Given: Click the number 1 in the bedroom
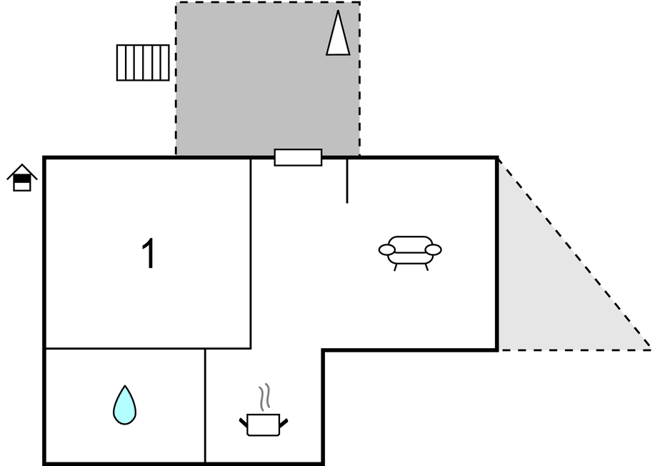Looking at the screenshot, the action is pos(149,253).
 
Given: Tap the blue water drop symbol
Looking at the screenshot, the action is pos(124,405).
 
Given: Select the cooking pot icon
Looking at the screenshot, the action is pos(263,425).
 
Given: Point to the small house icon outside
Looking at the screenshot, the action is pos(22,178).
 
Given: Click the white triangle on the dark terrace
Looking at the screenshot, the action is pos(338,33).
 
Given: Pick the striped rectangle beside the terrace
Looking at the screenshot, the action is pos(143,63).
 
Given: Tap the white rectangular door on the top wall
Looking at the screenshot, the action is pos(299,157).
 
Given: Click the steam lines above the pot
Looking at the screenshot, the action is pos(264,397).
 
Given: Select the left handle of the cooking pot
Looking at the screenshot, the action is pos(243,422).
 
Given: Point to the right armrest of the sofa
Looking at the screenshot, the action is pos(433,250).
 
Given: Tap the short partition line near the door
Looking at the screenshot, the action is pos(347,181).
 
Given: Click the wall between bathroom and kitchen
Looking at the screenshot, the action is pos(205,406).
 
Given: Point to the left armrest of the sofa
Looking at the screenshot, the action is pos(387,250).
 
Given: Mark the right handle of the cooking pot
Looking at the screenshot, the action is pos(284,423).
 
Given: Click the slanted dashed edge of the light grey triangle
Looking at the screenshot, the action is pos(574,254).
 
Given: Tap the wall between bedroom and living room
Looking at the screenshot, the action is pos(251,253).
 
